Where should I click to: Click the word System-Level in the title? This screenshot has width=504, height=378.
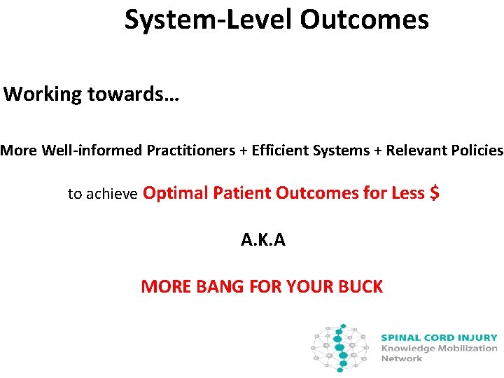[209, 20]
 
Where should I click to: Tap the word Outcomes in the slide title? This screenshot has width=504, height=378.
[364, 20]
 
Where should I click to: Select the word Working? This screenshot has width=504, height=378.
[43, 94]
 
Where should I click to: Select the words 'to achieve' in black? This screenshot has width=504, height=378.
[103, 194]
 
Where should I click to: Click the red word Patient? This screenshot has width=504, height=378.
[239, 192]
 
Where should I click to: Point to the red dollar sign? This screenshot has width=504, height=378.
[434, 192]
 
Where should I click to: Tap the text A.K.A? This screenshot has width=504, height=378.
[262, 240]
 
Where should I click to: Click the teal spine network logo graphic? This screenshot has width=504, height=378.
[341, 348]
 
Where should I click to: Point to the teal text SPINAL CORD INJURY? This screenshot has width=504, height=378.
[439, 337]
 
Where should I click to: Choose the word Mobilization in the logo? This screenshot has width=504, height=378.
[469, 348]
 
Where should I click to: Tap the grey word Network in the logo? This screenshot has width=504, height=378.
[401, 358]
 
